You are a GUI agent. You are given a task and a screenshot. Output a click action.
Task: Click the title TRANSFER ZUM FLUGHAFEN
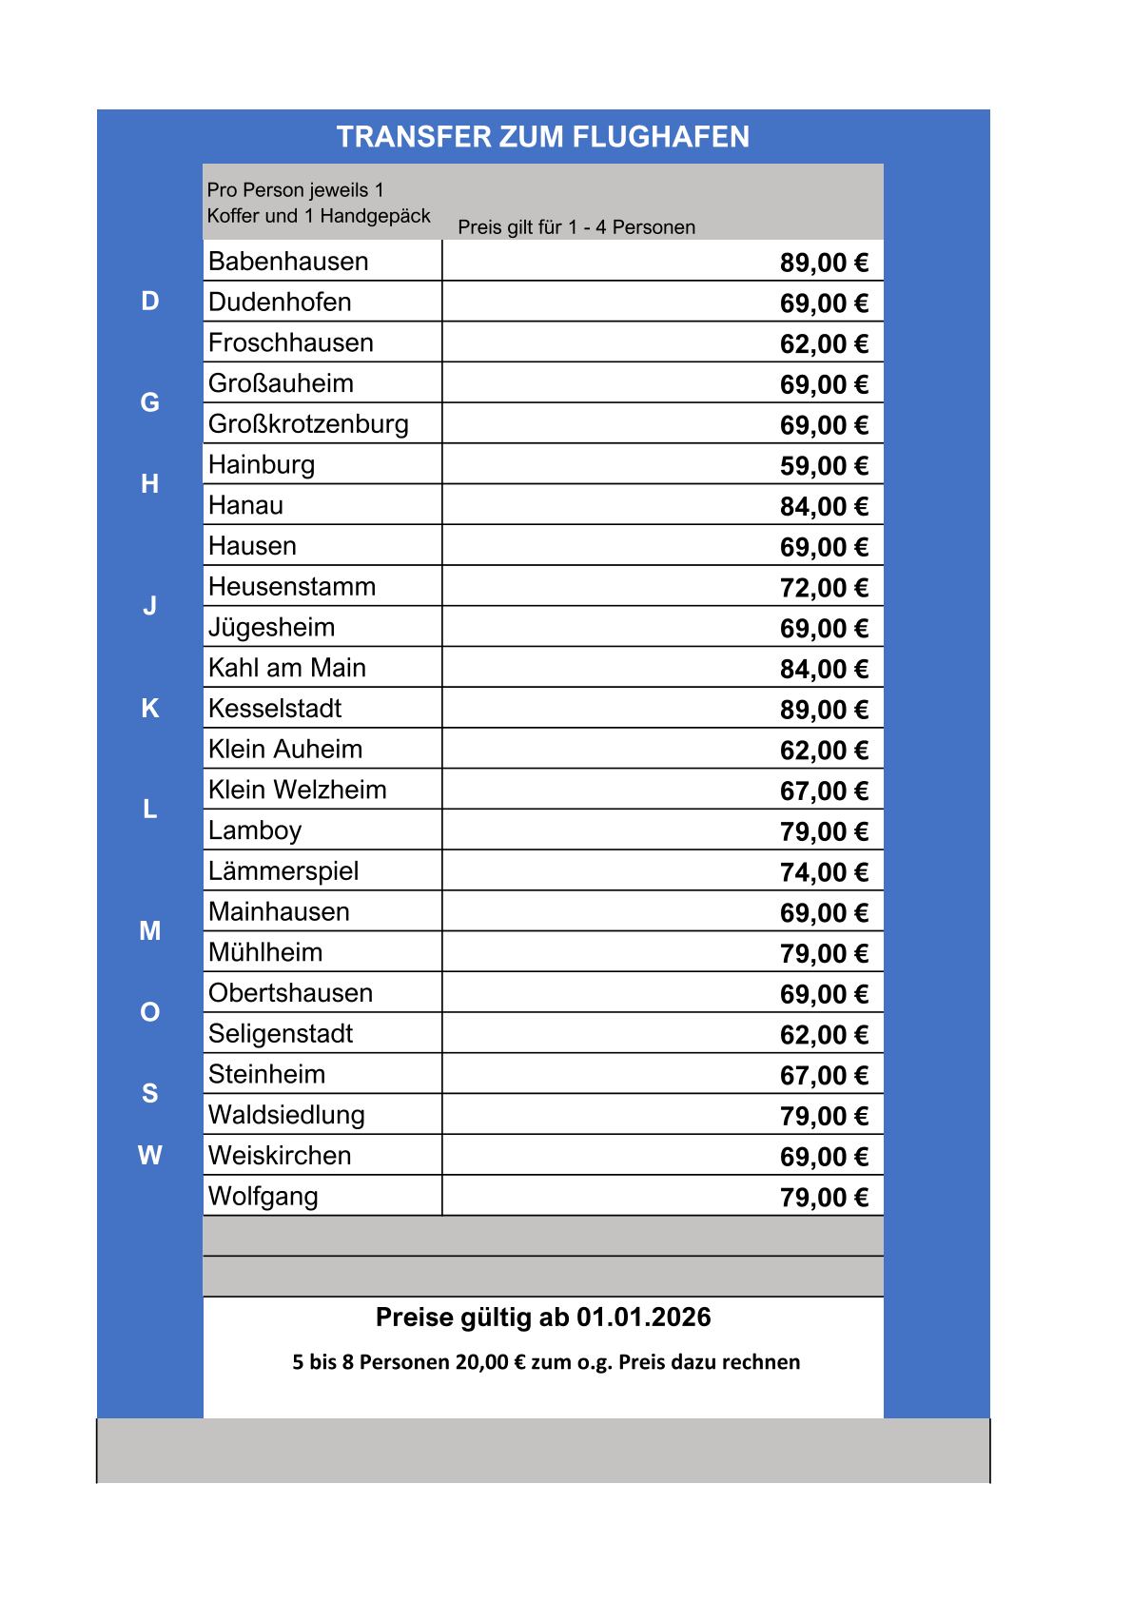point(542,137)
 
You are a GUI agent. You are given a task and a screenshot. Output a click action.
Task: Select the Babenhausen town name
point(288,262)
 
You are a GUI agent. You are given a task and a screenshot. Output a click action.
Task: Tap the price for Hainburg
point(824,466)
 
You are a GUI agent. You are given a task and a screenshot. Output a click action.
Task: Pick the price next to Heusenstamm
point(824,588)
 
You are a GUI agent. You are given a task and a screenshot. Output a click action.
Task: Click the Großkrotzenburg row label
point(308,424)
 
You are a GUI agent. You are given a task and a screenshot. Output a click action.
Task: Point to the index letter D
point(150,302)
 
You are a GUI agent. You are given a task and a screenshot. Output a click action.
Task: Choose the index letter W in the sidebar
point(150,1156)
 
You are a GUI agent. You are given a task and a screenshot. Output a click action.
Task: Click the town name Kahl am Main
point(287,668)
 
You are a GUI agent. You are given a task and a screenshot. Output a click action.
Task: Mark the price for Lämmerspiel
point(824,872)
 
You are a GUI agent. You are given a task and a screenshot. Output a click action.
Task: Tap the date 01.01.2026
point(644,1318)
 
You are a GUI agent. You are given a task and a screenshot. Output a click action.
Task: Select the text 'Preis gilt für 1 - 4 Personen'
point(576,227)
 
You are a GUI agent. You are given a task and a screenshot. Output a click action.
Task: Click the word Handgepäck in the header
point(376,216)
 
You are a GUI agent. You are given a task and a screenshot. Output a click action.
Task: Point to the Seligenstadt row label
point(281,1034)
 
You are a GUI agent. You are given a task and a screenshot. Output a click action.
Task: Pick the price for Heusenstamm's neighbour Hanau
point(824,507)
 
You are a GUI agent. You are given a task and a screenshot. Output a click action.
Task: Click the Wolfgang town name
point(263,1197)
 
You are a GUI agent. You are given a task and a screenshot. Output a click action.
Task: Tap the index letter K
point(150,709)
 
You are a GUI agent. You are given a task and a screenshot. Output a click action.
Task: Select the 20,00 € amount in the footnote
point(491,1362)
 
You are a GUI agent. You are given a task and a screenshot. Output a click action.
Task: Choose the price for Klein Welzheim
point(824,791)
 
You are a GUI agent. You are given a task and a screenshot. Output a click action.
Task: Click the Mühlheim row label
point(265,952)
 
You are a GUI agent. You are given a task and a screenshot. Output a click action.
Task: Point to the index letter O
point(150,1012)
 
